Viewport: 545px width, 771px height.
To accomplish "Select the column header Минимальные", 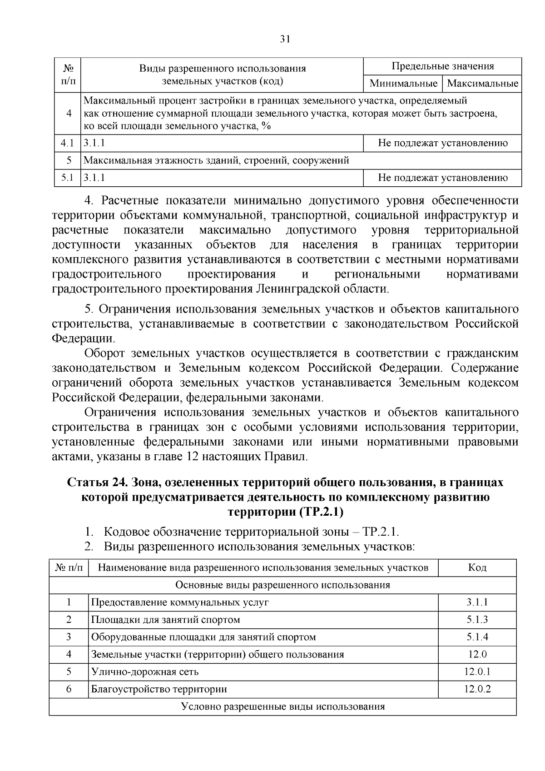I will (403, 84).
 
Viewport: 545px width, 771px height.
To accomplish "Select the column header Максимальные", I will (482, 84).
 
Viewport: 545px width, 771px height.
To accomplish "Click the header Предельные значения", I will (442, 66).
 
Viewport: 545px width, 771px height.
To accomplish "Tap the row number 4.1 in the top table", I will (67, 144).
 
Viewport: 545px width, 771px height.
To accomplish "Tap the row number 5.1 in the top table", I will (67, 178).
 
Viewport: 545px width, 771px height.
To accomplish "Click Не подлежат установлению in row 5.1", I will (442, 178).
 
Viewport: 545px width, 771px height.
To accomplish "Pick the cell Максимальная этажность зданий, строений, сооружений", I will (216, 160).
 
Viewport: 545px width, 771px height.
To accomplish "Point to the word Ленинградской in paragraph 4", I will (299, 289).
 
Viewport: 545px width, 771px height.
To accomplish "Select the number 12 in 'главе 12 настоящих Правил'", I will (192, 457).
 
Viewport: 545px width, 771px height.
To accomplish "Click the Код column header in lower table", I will (477, 567).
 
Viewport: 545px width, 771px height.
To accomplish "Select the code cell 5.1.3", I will (477, 620).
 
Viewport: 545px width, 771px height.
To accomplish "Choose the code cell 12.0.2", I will (477, 689).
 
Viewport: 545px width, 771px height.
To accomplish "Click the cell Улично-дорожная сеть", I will (145, 672).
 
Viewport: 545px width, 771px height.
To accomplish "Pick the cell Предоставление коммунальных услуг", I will (180, 602).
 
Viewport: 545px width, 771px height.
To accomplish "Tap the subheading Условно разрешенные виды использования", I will (282, 706).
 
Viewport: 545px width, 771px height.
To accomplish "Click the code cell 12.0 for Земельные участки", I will (477, 654).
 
